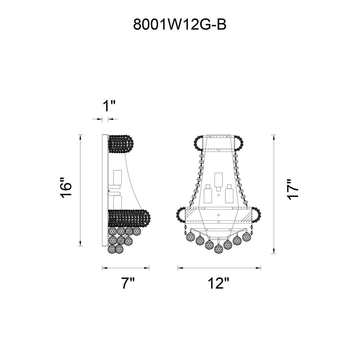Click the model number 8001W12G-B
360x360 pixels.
[x=180, y=24]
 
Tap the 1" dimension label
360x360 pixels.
[x=109, y=106]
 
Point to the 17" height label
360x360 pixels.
[x=293, y=189]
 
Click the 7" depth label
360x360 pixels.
[x=128, y=283]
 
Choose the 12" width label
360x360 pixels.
[x=219, y=283]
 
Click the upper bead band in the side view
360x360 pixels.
[x=121, y=144]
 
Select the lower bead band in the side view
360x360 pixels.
[x=129, y=219]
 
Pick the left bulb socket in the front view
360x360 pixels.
[x=208, y=194]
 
